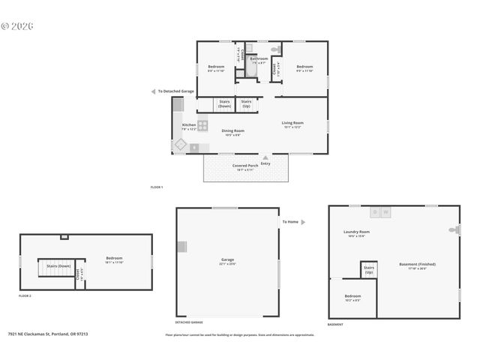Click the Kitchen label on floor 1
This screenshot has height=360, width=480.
(x=189, y=124)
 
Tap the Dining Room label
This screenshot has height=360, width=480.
(x=233, y=130)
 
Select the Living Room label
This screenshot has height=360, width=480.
(x=292, y=123)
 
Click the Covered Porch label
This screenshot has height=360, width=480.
(x=245, y=165)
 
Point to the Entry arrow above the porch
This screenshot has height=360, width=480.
(x=265, y=157)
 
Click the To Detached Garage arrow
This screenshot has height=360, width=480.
(x=154, y=91)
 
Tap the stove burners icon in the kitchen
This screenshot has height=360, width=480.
(x=202, y=125)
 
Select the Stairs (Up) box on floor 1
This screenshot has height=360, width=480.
(x=247, y=104)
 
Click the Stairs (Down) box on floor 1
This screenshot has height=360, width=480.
(x=224, y=104)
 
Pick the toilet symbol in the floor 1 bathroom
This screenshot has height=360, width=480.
(x=275, y=49)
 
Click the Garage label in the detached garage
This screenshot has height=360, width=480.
(x=227, y=259)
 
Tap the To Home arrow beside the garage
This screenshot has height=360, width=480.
(x=302, y=222)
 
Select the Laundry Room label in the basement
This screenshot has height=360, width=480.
(x=356, y=232)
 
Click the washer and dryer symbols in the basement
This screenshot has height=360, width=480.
(x=380, y=212)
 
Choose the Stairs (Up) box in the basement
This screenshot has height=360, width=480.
(x=369, y=269)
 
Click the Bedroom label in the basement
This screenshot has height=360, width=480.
(x=352, y=296)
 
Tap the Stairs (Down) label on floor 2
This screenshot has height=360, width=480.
(x=59, y=266)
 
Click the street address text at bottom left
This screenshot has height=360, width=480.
(x=48, y=334)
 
